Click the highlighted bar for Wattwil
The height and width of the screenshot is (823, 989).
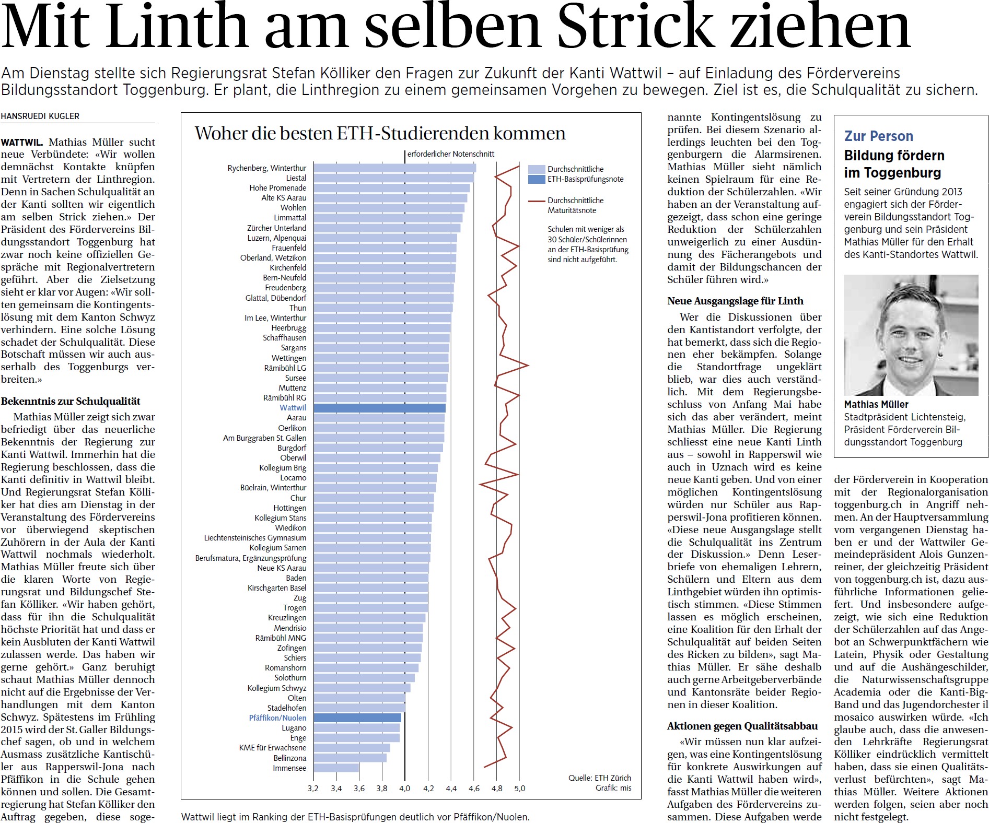tap(379, 408)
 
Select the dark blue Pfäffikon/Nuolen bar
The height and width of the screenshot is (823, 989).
tap(357, 718)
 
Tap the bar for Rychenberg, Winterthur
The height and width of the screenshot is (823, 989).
tap(395, 168)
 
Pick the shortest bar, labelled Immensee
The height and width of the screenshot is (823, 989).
tap(336, 768)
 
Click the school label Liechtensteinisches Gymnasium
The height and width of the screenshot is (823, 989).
tap(255, 538)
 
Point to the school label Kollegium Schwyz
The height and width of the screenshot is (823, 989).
tap(277, 688)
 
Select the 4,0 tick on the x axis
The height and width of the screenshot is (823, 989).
tap(405, 789)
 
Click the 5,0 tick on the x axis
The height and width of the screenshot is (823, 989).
tap(519, 789)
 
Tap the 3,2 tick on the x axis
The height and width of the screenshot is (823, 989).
tap(313, 789)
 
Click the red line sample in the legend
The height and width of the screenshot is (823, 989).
tap(537, 201)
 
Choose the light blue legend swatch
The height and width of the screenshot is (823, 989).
tap(537, 169)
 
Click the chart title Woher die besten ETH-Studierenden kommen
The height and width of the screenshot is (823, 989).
tap(380, 133)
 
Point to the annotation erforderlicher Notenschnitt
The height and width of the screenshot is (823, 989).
tap(451, 154)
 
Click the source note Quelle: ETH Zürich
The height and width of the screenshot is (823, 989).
tap(600, 778)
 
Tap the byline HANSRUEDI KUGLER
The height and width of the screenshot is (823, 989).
tap(40, 116)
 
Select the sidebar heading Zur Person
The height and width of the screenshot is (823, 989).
tap(879, 136)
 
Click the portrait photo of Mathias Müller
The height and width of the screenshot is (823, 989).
tap(911, 335)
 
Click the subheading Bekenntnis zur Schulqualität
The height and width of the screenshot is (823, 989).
tap(71, 401)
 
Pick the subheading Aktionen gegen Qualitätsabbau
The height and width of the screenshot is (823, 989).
tap(742, 726)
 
